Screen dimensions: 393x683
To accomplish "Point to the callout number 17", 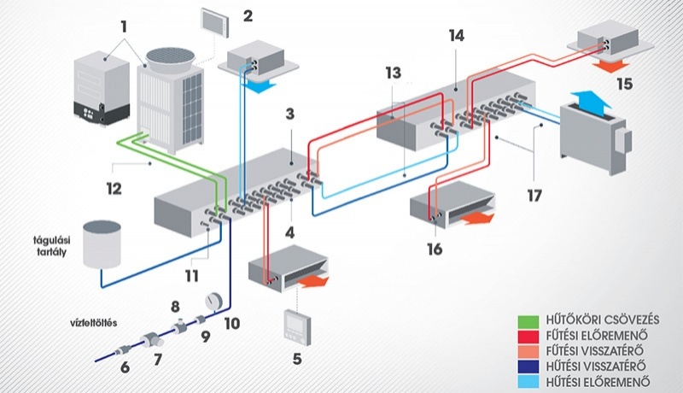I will (534, 194).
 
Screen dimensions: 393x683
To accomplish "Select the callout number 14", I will (456, 36).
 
